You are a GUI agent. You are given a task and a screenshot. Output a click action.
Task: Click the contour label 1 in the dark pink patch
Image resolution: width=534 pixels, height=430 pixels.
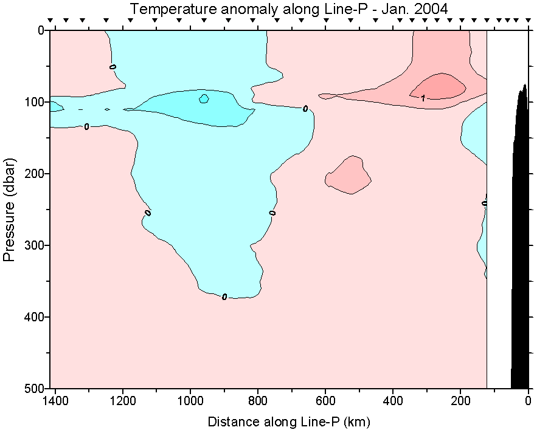[x=423, y=98]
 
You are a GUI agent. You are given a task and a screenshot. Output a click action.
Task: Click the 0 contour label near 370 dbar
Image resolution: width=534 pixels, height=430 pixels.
[x=224, y=297]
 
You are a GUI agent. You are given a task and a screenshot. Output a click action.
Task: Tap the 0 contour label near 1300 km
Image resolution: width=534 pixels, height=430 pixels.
[x=86, y=126]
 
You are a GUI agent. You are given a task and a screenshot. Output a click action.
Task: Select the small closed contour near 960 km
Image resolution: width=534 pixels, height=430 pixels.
[x=204, y=98]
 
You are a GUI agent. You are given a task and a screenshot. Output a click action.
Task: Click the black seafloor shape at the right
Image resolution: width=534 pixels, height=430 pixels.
[x=520, y=243]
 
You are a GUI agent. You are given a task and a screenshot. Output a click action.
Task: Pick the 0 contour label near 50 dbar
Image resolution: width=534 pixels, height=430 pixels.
[x=113, y=66]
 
